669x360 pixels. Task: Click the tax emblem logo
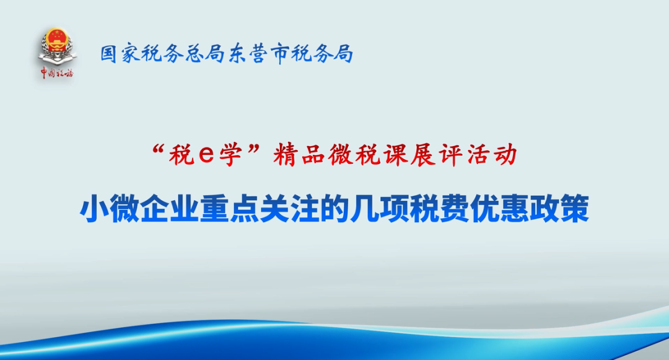point(57,47)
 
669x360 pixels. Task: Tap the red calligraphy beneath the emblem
point(57,73)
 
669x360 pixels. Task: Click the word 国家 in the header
point(120,54)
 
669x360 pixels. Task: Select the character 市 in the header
point(279,54)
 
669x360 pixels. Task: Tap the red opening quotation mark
point(159,149)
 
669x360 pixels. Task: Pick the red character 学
point(231,154)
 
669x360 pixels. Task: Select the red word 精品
point(298,154)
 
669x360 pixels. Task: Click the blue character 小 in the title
point(94,209)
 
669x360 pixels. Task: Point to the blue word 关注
point(290,209)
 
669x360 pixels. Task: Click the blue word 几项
point(380,209)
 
